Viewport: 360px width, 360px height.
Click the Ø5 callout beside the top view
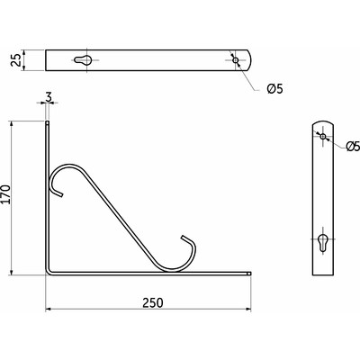pos(274,87)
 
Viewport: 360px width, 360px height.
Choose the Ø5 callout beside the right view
pos(353,147)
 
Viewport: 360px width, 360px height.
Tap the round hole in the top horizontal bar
pos(236,60)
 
